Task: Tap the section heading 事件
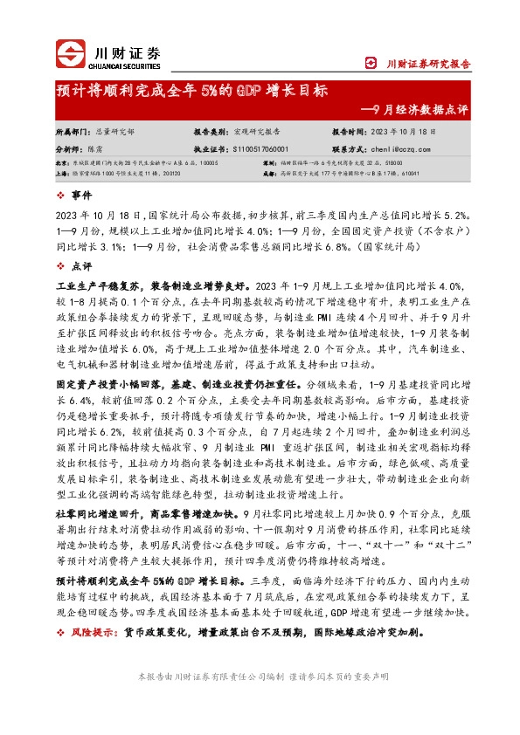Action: click(x=81, y=197)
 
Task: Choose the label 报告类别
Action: click(x=210, y=130)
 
